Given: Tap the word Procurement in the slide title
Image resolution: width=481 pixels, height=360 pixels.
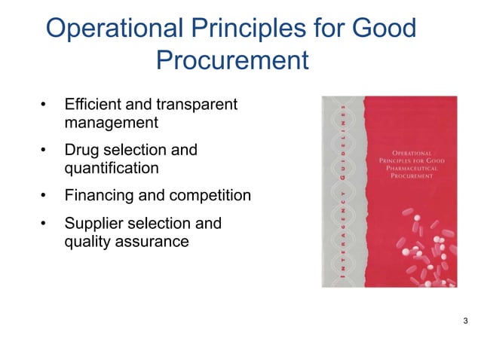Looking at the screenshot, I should pos(232,60).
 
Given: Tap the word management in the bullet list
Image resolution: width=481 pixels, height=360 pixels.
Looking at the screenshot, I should pos(112,121).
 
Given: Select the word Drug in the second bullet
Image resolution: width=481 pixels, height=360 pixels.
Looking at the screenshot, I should pos(82,150).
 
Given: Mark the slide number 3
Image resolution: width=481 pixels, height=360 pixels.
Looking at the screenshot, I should pos(465,323).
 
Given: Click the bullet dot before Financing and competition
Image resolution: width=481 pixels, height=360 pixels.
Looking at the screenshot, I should pos(44,196).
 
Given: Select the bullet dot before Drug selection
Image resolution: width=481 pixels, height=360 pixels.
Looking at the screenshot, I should pos(44,150).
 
